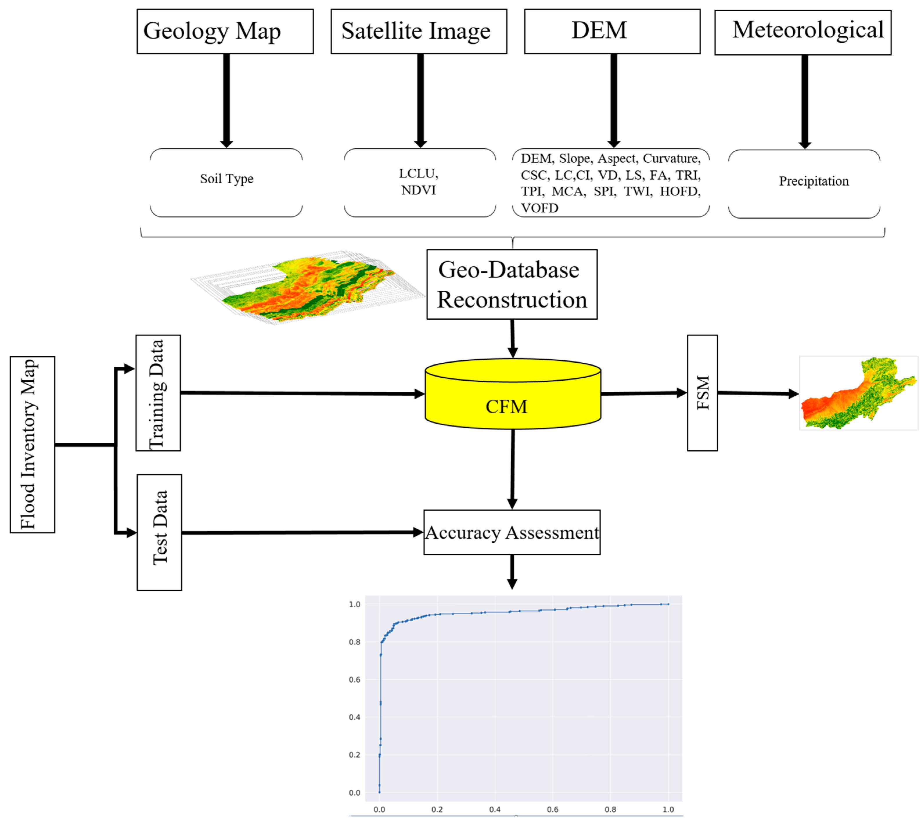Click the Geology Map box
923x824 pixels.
(x=225, y=31)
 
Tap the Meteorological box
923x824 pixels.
(x=802, y=32)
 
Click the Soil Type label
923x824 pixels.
(x=226, y=179)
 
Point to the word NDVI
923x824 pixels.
(x=418, y=190)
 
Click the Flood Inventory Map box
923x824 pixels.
(x=32, y=444)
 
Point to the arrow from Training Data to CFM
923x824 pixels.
(x=299, y=393)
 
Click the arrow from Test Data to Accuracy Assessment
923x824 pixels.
(x=299, y=532)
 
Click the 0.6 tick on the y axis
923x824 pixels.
(x=354, y=680)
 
